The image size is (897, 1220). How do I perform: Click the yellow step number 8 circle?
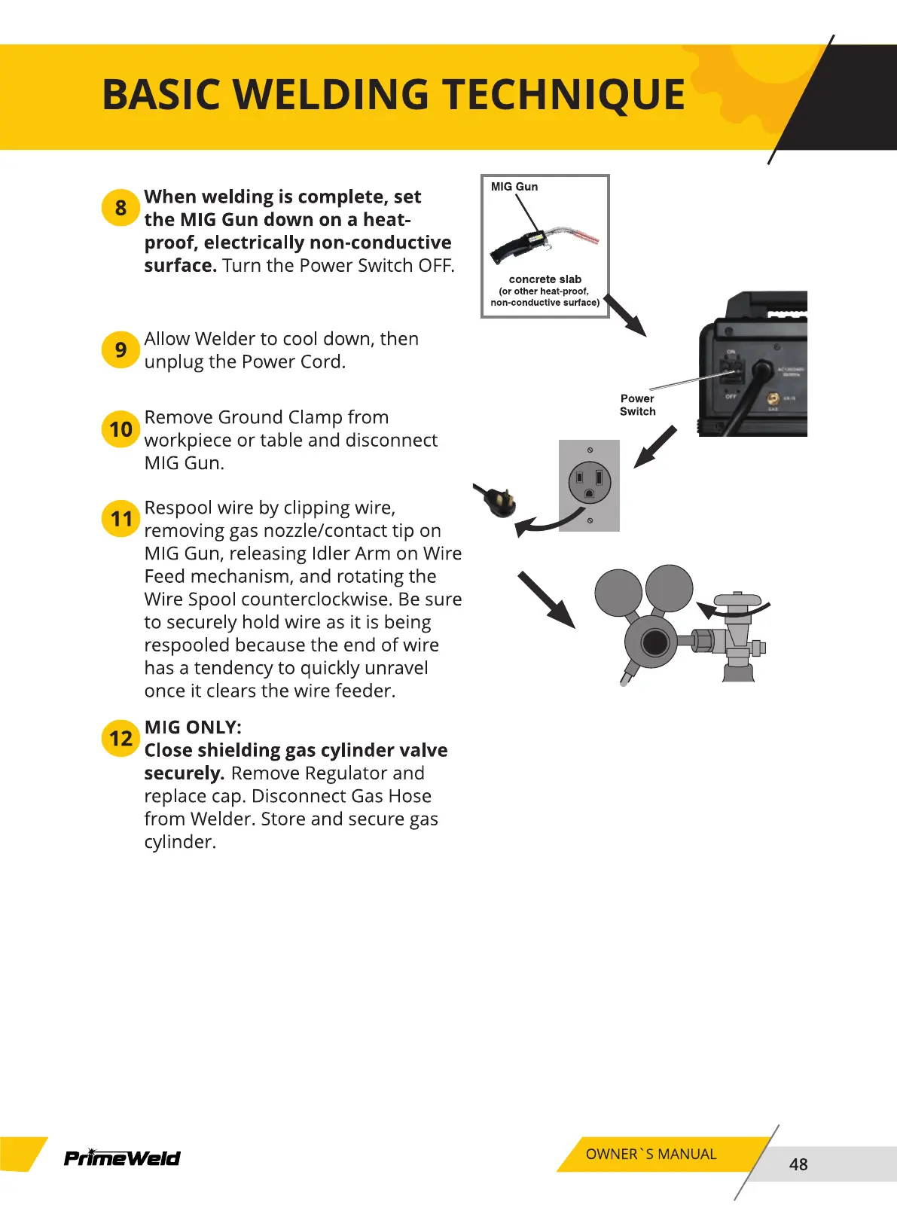point(121,207)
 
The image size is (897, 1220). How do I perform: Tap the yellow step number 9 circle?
point(121,349)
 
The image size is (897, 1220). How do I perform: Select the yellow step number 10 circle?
point(121,429)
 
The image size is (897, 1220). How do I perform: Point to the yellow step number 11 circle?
point(121,519)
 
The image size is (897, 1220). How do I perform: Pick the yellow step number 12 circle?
point(121,738)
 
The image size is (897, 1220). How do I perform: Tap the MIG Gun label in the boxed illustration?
point(514,187)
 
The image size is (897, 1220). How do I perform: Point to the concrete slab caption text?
point(545,279)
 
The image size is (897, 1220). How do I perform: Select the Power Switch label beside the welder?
point(637,405)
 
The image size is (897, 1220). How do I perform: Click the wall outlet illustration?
point(589,485)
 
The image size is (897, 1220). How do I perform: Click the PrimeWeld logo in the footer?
point(122,1157)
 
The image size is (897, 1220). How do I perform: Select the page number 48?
point(798,1164)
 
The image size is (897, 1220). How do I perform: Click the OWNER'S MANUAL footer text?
point(651,1154)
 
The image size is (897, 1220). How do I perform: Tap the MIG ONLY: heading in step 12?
point(193,727)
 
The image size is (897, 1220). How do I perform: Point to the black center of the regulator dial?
point(654,642)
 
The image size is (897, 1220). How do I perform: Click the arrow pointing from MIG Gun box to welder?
point(625,316)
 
